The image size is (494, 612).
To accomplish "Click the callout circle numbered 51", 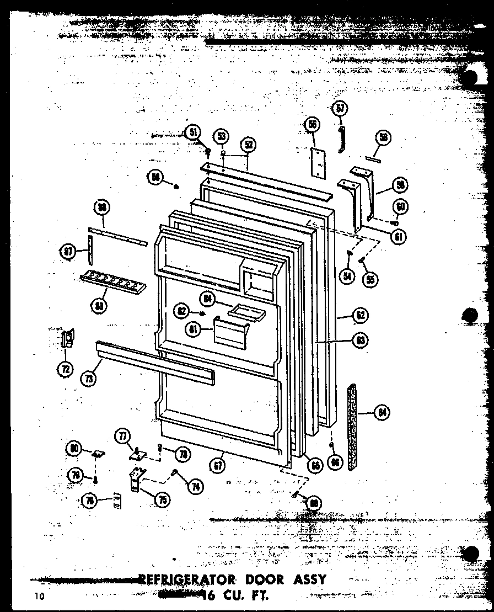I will point(193,132).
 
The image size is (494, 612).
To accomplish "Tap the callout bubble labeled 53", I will point(222,136).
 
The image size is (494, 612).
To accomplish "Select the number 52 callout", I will point(249,145).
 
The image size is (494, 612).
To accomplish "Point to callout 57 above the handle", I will point(340,109).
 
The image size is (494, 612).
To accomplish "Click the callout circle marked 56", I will point(312,126).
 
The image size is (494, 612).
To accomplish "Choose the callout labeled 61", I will point(398,237).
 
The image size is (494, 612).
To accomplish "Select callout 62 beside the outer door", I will point(360,316).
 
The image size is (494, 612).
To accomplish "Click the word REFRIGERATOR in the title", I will point(185,579).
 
